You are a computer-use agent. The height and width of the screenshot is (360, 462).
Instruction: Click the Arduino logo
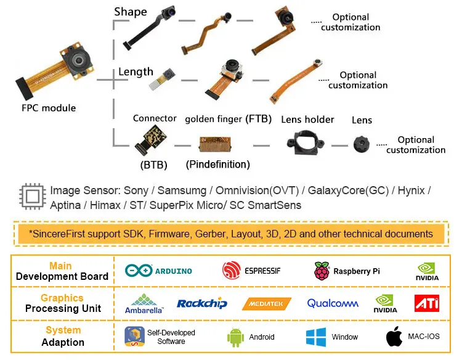159,271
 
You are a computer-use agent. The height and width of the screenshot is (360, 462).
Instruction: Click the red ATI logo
426,303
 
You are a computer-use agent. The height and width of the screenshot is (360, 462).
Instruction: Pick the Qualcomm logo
333,303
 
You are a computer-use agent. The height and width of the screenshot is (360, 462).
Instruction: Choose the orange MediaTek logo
267,303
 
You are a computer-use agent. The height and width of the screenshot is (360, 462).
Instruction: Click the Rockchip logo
202,303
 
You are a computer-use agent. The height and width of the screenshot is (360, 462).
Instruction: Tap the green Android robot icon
236,337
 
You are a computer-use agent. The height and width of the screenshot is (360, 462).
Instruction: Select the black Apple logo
394,337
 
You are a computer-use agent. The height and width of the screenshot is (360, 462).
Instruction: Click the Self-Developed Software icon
134,337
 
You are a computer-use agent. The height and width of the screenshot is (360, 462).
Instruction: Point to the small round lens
361,145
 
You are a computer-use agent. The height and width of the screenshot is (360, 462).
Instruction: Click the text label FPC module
49,108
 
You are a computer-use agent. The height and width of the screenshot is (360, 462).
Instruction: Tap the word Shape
131,12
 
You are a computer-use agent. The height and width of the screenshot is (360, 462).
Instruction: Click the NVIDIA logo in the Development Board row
428,271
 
